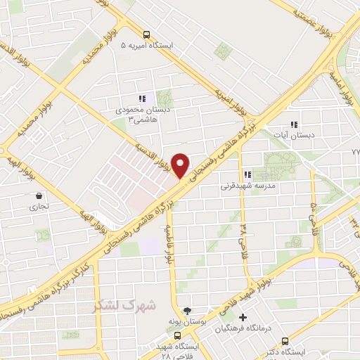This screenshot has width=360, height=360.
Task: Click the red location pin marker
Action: (x=181, y=165)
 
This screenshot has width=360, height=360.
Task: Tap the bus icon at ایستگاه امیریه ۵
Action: (x=146, y=34)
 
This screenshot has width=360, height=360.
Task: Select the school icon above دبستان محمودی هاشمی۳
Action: (x=141, y=99)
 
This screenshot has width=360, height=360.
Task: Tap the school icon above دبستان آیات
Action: (x=305, y=122)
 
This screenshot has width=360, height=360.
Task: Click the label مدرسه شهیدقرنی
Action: (x=246, y=186)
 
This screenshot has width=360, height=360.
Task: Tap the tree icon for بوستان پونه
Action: (x=186, y=310)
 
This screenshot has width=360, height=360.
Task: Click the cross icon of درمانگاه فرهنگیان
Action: (x=243, y=318)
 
